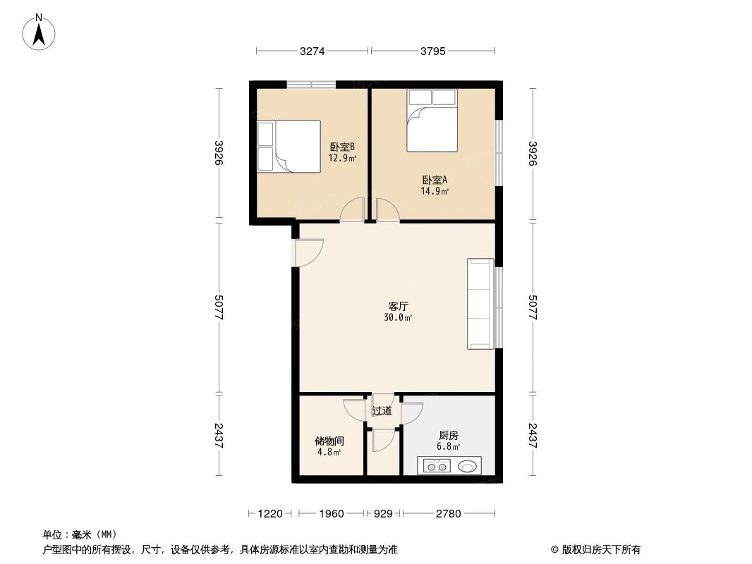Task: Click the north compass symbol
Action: coord(40,32)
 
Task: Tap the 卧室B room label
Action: coord(342,147)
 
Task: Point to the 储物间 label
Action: coord(329,441)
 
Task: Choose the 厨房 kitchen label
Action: coord(449,436)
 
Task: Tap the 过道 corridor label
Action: coord(382,411)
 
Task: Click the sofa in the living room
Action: coord(480,304)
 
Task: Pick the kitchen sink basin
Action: coord(468,466)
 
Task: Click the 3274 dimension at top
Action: coord(312,51)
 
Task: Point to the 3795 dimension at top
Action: coord(432,51)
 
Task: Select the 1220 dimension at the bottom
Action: coord(269,514)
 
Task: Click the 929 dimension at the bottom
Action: coord(382,514)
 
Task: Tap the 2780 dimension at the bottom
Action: coord(448,514)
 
